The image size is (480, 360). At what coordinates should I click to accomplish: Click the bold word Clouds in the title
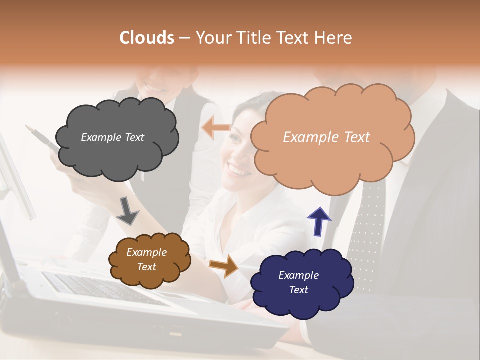147,38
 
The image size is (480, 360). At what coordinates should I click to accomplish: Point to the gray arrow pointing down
127,210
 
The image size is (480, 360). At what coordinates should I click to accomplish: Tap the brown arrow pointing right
224,265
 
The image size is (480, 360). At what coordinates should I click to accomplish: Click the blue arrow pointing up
319,221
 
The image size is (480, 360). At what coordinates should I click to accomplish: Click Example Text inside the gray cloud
112,137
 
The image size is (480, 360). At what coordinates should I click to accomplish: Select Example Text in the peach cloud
326,137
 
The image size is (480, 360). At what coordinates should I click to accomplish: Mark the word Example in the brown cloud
146,252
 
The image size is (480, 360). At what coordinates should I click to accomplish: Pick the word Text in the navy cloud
299,290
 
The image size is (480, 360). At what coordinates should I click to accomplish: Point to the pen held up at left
43,138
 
